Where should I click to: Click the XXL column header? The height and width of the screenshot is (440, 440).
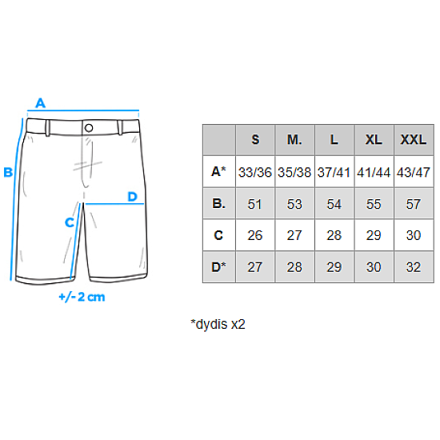[x=414, y=139]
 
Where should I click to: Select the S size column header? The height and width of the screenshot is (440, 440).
[x=255, y=139]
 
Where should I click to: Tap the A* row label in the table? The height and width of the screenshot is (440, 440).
[x=218, y=171]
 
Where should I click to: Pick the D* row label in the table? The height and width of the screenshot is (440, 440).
[x=218, y=267]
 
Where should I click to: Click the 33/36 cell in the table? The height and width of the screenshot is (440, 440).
[x=255, y=172]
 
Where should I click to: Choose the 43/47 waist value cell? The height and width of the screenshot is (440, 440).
[x=414, y=172]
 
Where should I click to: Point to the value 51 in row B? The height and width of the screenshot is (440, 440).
[x=254, y=204]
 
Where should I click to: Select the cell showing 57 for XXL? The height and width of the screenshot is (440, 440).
[x=414, y=204]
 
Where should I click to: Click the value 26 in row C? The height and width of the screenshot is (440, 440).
[x=254, y=235]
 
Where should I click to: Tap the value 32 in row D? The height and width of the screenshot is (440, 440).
[x=414, y=267]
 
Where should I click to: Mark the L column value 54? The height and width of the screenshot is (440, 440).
[x=334, y=204]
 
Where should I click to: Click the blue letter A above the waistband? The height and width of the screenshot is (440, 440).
[x=41, y=103]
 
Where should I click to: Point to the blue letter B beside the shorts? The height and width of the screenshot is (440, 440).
[x=8, y=172]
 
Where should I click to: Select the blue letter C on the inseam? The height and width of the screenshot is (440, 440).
[x=70, y=222]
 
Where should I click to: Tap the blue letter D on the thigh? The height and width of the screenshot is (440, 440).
[x=133, y=197]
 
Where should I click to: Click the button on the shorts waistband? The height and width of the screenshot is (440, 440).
[x=89, y=128]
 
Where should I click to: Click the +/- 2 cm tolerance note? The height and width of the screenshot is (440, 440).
[x=82, y=297]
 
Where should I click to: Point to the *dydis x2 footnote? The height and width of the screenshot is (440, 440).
[x=218, y=324]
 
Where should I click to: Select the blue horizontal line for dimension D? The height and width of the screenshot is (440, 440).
[x=114, y=204]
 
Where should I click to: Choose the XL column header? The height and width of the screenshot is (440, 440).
[x=374, y=139]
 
